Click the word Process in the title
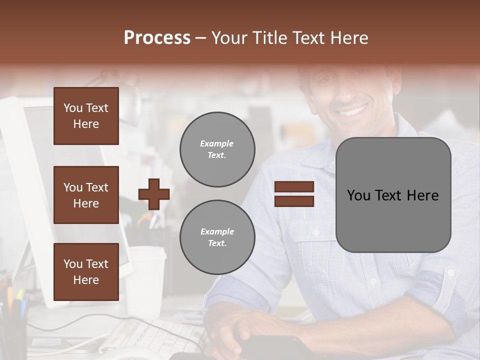[157, 38]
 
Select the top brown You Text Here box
[86, 116]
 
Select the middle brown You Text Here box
[86, 195]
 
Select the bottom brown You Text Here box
[86, 271]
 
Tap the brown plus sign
[154, 194]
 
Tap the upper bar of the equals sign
[294, 187]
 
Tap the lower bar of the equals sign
[294, 201]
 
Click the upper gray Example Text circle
[217, 149]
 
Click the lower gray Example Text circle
[217, 237]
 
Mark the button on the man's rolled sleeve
[450, 273]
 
